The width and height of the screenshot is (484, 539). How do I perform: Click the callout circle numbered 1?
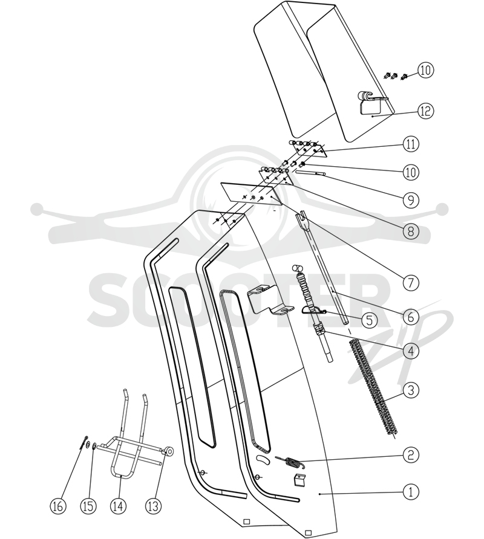coord(411,492)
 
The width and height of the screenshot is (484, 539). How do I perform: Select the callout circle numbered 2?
coord(411,455)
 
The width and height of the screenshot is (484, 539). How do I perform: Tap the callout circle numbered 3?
coord(411,390)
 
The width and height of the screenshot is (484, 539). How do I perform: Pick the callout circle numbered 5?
coord(369,320)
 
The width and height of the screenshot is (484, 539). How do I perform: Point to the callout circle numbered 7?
coord(411,283)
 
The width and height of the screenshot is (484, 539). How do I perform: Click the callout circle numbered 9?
coord(411,200)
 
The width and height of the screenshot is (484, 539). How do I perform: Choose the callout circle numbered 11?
coord(411,144)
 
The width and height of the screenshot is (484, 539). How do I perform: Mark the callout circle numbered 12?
coord(425,111)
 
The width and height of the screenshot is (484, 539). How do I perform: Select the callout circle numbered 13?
coord(153,506)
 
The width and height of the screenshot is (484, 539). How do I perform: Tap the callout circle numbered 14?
coord(118,506)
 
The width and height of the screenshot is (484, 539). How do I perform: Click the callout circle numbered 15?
coord(88,506)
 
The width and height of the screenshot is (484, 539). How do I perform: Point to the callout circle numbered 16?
coord(58,506)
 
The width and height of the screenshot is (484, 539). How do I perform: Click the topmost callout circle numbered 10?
coord(425,70)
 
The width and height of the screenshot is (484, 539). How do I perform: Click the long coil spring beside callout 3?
coord(373,388)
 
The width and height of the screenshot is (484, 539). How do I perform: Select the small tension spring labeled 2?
coord(290,462)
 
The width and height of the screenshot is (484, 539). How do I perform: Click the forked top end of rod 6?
coord(302,218)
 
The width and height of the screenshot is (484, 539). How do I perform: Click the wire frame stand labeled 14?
coord(120,476)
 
